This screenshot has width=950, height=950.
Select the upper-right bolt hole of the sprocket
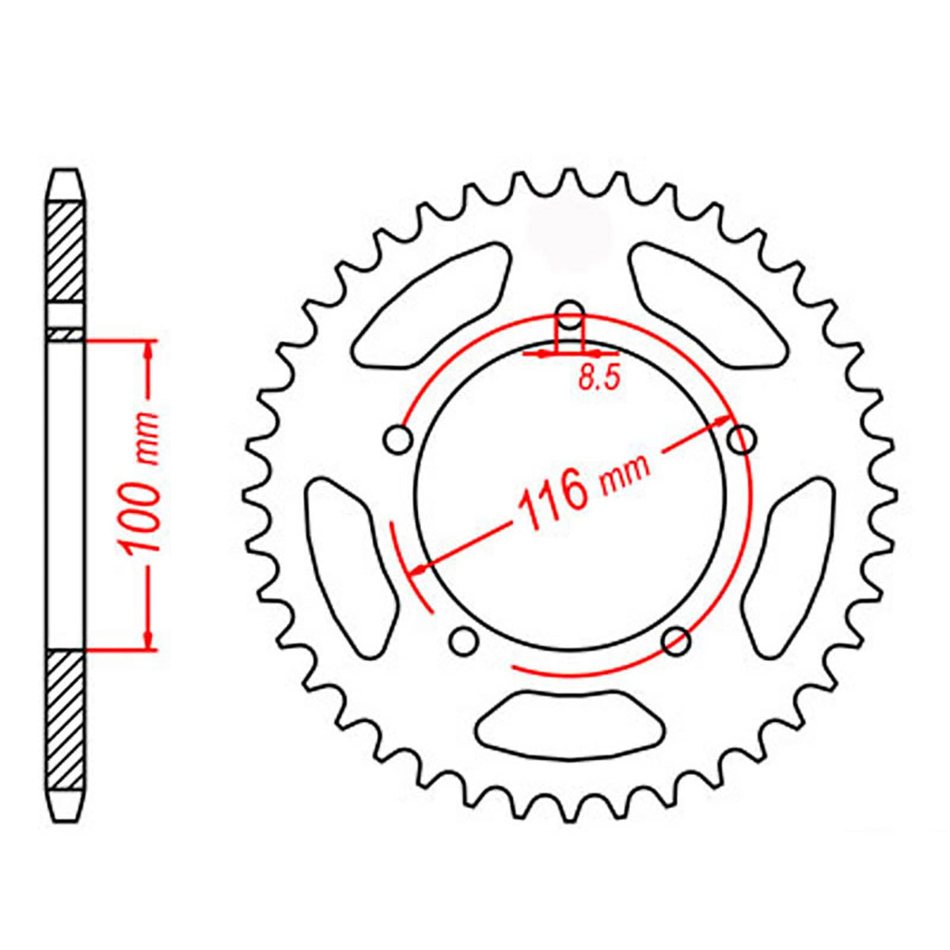tap(741, 439)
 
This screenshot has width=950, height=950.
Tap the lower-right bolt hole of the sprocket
tap(676, 640)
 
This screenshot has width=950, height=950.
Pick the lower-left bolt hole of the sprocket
tap(462, 640)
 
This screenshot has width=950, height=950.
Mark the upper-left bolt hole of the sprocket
tap(397, 439)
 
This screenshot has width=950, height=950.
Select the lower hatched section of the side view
tap(66, 716)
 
